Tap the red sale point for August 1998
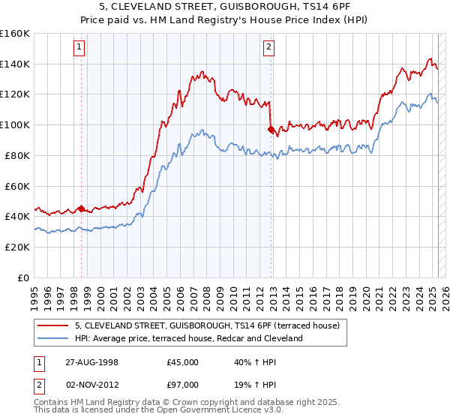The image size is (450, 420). [x=81, y=208]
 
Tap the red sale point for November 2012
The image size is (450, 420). [x=271, y=129]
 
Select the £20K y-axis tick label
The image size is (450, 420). [x=17, y=247]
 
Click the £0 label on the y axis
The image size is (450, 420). [x=23, y=277]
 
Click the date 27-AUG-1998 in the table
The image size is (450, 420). [x=92, y=362]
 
